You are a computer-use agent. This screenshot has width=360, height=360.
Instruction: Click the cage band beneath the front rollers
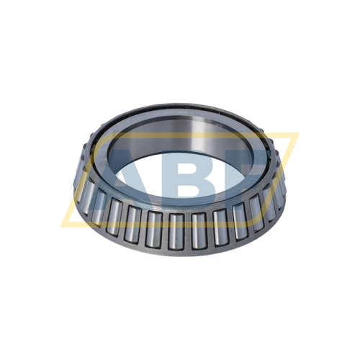[x=180, y=248]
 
